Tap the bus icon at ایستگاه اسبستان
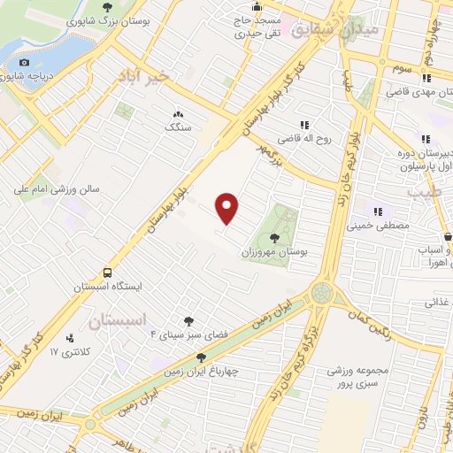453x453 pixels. click(x=108, y=273)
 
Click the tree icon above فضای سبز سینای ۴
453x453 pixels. click(x=188, y=321)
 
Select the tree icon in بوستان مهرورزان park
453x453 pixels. click(x=274, y=238)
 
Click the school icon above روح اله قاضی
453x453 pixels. click(x=305, y=125)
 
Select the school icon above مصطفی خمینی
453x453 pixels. click(x=378, y=211)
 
